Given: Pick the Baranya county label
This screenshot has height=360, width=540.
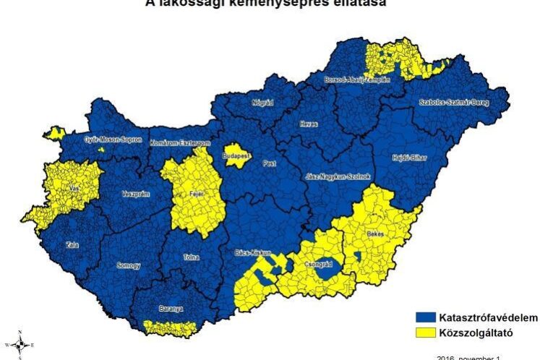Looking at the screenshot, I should click(x=171, y=309).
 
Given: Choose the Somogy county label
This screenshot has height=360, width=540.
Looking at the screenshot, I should click(x=130, y=266).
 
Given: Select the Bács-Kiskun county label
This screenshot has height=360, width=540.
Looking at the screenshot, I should click(x=253, y=254).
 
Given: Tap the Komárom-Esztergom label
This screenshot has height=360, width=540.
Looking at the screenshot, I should click(x=180, y=144).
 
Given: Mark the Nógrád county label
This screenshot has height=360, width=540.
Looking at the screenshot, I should click(x=261, y=103).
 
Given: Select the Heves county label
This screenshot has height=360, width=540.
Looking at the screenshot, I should click(x=309, y=124).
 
